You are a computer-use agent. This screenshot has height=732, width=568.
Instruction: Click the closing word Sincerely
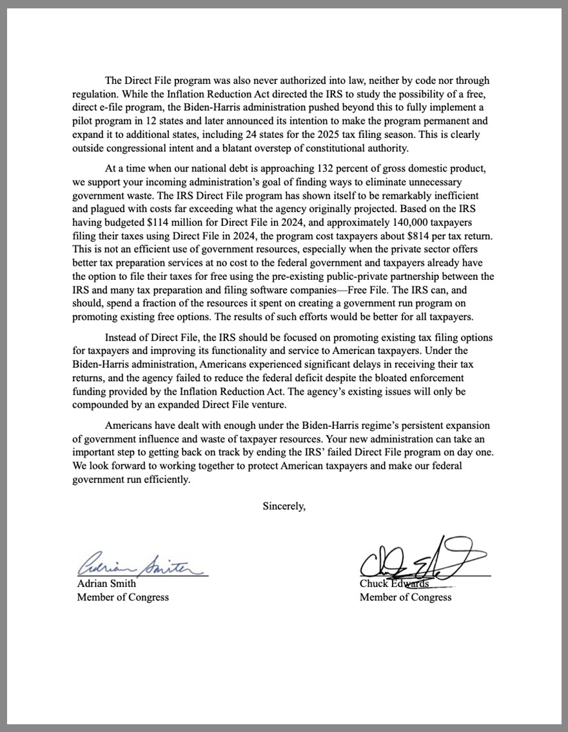point(284,506)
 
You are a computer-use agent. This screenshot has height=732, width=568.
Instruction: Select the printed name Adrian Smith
point(106,584)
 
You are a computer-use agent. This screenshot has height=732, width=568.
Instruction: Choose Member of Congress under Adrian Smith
point(122,597)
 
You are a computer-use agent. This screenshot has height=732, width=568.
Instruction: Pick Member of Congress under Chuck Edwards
point(406,597)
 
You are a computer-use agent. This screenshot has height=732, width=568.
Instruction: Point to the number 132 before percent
point(328,168)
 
